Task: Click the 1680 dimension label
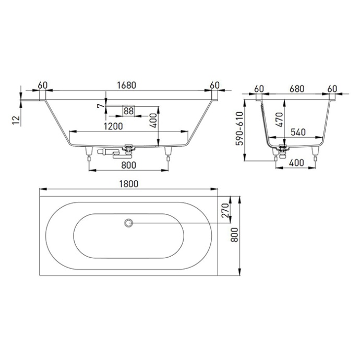coord(127,85)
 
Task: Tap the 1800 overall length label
coord(128,184)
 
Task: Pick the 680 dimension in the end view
coord(296,89)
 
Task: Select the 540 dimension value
coord(298,132)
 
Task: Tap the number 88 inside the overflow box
coord(128,110)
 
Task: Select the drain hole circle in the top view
coord(128,223)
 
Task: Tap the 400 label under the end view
coord(296,163)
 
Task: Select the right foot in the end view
coord(315,152)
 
